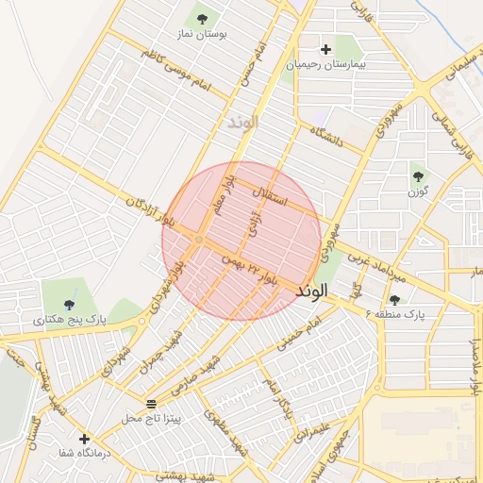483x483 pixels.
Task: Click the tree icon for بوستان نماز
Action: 200,18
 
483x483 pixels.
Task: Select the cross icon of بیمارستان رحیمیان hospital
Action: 326,49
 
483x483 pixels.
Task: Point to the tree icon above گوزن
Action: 418,175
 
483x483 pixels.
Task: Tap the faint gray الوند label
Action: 242,124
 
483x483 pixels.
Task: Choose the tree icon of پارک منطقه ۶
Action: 394,299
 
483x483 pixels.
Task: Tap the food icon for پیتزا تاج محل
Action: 152,403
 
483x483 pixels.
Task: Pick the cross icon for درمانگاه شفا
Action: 84,439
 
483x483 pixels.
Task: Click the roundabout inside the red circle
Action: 198,241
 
